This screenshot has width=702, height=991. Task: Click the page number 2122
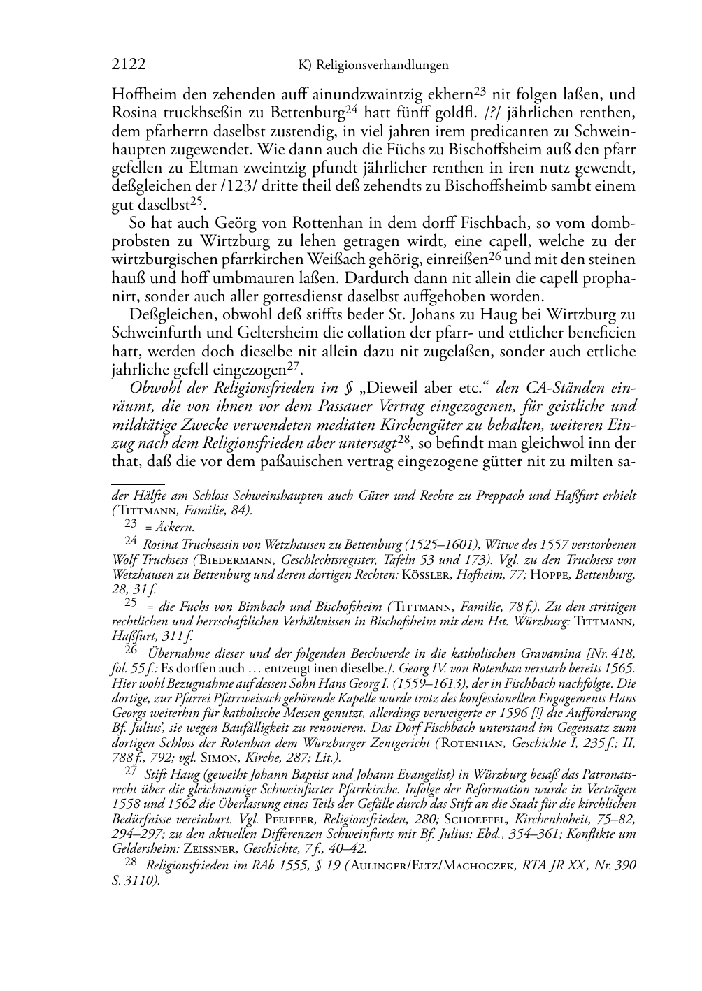point(129,65)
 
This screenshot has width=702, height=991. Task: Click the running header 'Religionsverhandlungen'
point(382,66)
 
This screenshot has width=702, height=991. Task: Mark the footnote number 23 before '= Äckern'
point(130,522)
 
